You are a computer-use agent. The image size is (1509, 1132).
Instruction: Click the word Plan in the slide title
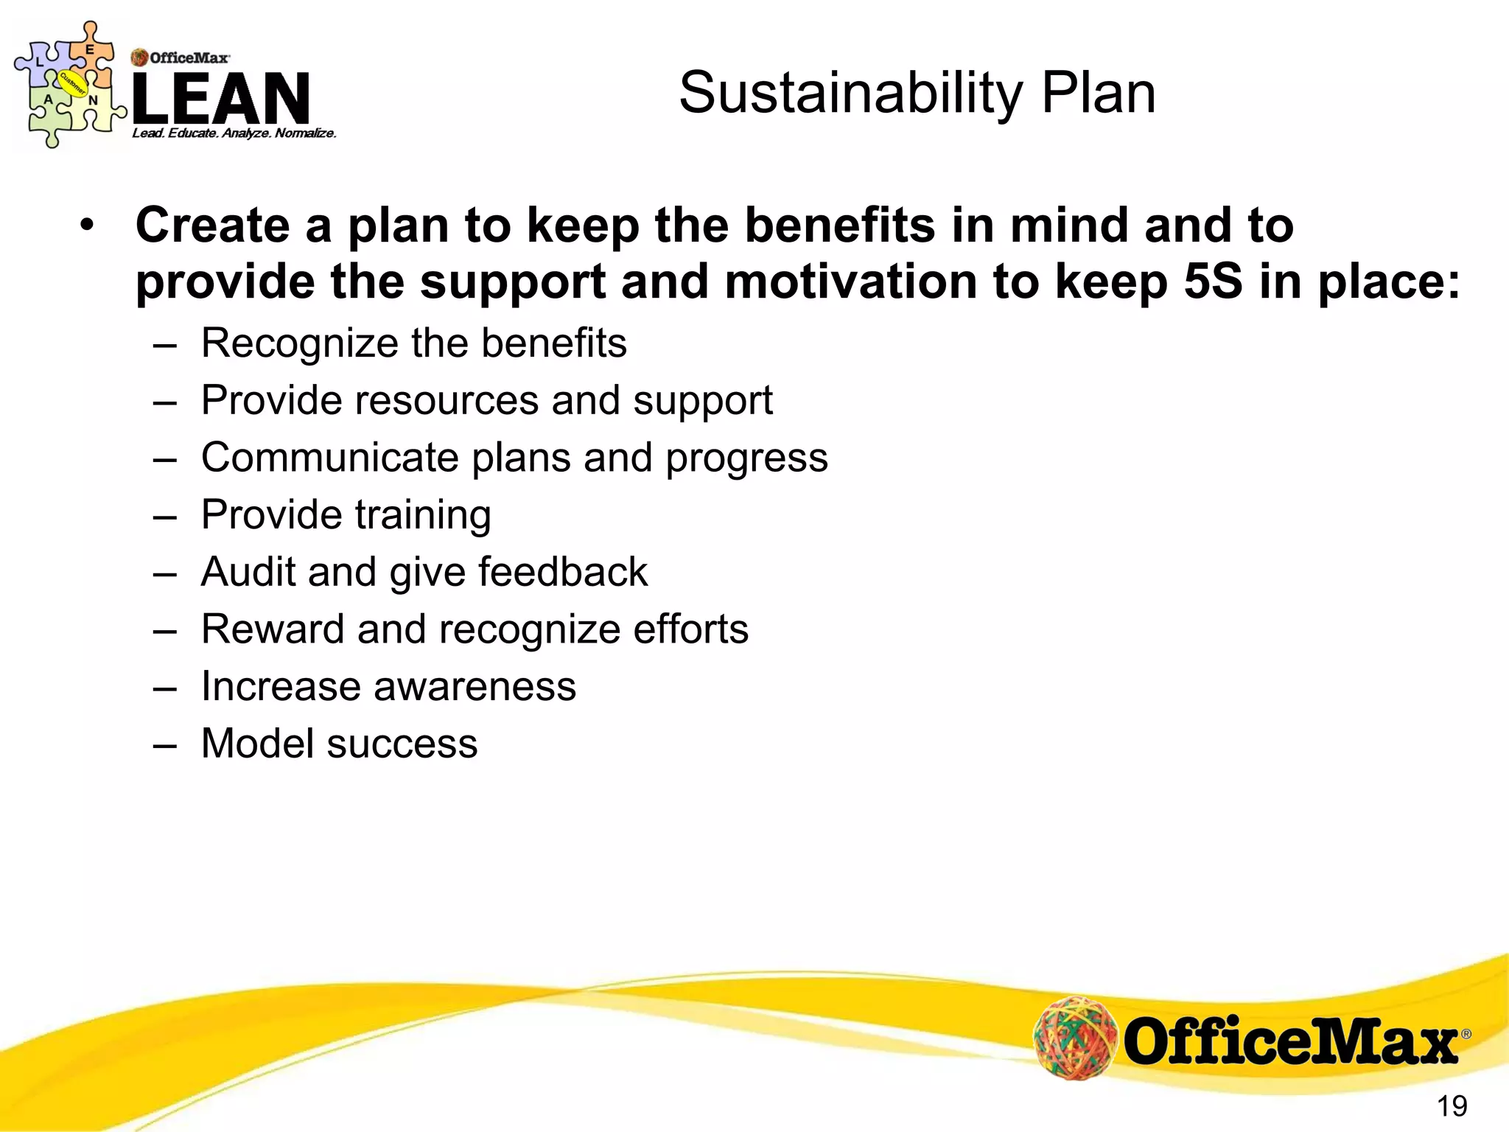[x=1098, y=94]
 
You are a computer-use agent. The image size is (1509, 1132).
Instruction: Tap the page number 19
[x=1452, y=1105]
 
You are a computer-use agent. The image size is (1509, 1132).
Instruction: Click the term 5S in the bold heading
[x=1212, y=282]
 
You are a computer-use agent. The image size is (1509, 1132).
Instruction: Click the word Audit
[x=248, y=572]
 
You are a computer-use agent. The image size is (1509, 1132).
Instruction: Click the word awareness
[x=475, y=687]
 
